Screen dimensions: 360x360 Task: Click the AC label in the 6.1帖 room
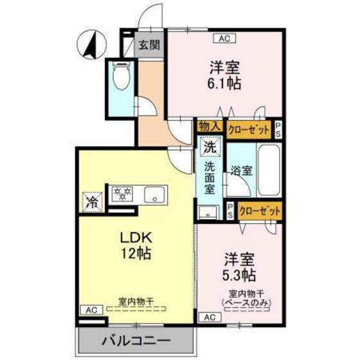pyautogui.click(x=224, y=39)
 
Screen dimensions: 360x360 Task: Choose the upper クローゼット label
pyautogui.click(x=249, y=128)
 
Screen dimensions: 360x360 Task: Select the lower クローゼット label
pyautogui.click(x=260, y=210)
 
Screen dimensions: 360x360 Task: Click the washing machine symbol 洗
pyautogui.click(x=210, y=147)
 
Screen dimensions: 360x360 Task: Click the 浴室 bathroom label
pyautogui.click(x=242, y=172)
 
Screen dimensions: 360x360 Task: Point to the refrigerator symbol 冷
pyautogui.click(x=92, y=202)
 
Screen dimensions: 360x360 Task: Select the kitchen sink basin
pyautogui.click(x=154, y=195)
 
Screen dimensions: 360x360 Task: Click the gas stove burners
pyautogui.click(x=123, y=192)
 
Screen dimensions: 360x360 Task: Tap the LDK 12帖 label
pyautogui.click(x=136, y=245)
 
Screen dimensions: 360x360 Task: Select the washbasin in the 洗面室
pyautogui.click(x=207, y=214)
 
